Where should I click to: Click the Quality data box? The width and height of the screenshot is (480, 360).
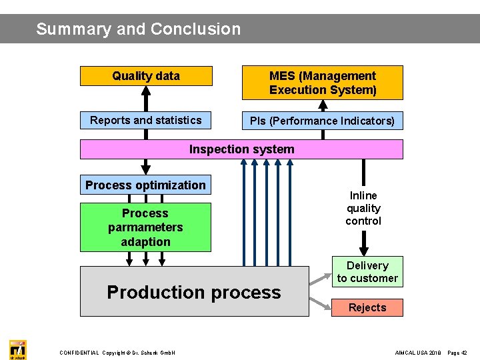pos(146,76)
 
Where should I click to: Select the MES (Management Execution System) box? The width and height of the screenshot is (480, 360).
pos(323,83)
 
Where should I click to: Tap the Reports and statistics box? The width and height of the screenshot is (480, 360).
pos(146,120)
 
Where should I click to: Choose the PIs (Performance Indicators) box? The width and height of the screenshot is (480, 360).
pos(323,121)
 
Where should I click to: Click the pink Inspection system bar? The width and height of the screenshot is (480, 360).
pos(241,149)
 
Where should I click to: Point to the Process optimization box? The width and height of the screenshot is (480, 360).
pos(145,185)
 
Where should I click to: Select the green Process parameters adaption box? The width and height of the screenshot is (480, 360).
pos(145,227)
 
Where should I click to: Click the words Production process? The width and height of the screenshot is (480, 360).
pos(194,292)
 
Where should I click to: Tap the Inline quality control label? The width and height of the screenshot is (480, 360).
pos(363,208)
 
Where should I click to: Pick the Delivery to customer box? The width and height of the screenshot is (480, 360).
pos(367,272)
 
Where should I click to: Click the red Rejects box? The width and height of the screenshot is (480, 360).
pos(367,307)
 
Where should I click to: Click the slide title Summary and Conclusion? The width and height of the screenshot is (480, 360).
pos(139,29)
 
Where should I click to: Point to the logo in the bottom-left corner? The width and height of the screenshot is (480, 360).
pos(17,349)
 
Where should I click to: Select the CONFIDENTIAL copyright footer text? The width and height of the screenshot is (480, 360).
pos(117,353)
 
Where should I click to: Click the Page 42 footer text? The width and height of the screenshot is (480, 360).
pos(457,353)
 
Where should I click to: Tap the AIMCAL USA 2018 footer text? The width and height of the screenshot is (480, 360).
pos(418,353)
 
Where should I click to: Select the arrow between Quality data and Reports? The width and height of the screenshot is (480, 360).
pos(145,99)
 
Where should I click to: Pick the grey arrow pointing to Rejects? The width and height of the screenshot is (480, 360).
pos(320,303)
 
